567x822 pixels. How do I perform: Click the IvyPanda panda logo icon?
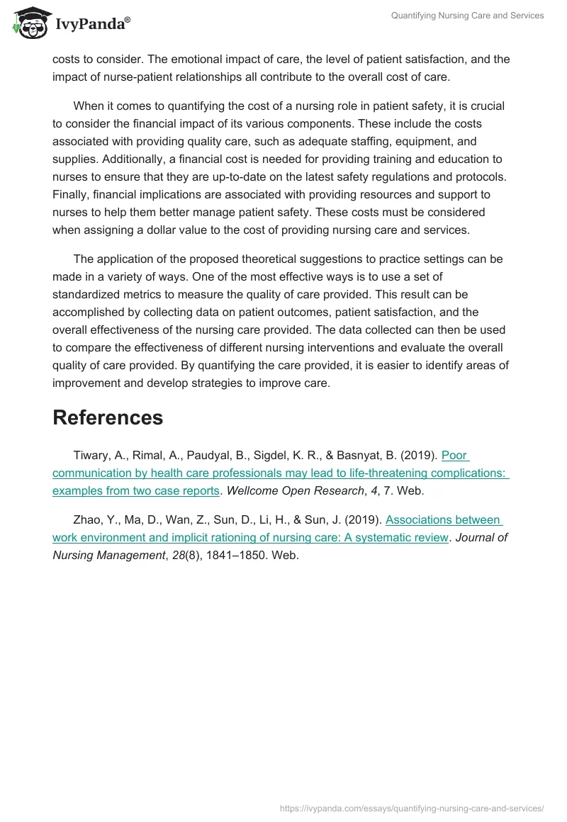[x=29, y=23]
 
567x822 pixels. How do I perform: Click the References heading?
[x=108, y=417]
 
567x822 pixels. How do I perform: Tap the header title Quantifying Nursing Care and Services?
[x=467, y=16]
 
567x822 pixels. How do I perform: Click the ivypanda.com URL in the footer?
[x=412, y=808]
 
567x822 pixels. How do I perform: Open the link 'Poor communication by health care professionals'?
[x=280, y=473]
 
